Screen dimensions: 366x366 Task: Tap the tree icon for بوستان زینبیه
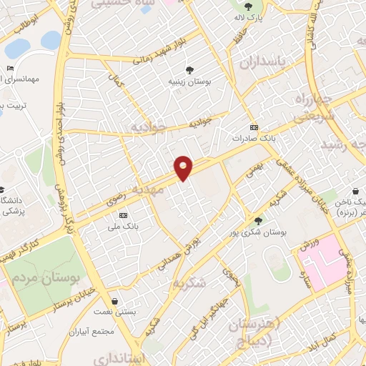190,70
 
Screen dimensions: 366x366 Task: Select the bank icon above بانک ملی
123,215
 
